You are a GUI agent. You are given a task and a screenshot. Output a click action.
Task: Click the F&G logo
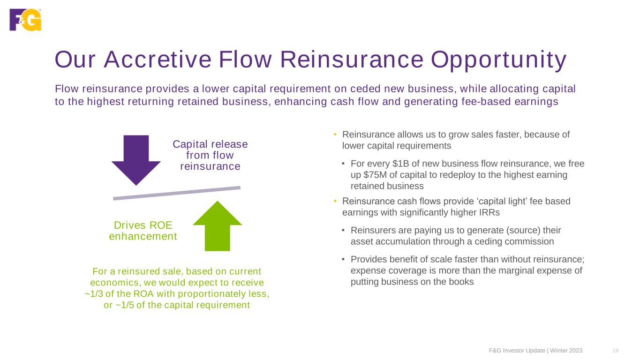(x=25, y=20)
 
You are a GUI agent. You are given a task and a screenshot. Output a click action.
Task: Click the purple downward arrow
(x=136, y=160)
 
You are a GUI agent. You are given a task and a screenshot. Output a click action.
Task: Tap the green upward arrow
(x=218, y=226)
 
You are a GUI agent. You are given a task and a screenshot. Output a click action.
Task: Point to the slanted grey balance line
(x=177, y=193)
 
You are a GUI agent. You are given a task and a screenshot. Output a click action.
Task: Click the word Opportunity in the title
(x=498, y=60)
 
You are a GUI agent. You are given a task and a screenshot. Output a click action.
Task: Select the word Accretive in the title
(x=158, y=60)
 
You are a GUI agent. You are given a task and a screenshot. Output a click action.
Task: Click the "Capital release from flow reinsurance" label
(x=210, y=155)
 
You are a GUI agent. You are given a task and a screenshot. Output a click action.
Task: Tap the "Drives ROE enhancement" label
(x=143, y=231)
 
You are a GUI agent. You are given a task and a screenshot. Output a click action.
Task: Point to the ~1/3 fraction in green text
(x=94, y=294)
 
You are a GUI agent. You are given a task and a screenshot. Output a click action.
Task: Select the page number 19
(x=616, y=351)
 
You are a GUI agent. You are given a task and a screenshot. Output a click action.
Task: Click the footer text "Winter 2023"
(x=566, y=351)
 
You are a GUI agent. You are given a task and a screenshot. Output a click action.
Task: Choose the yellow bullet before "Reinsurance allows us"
(x=335, y=134)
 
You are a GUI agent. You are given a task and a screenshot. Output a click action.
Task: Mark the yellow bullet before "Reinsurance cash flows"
(x=335, y=201)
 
